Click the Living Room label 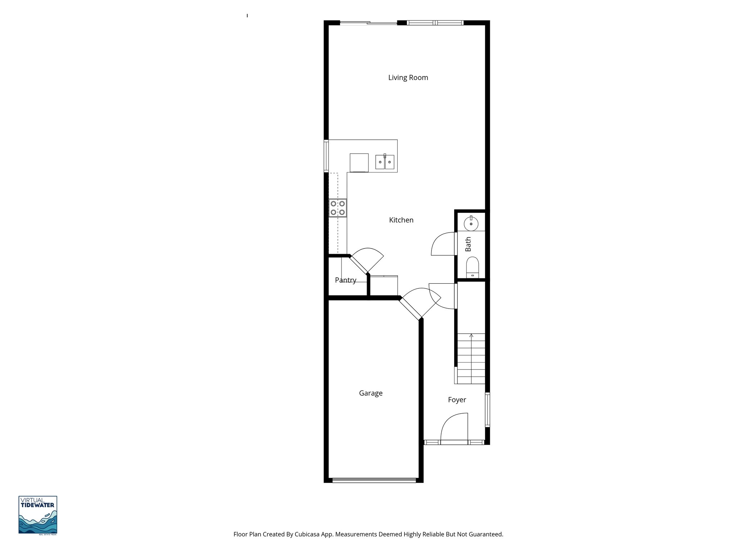pyautogui.click(x=408, y=78)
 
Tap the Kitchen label pyautogui.click(x=401, y=220)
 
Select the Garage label pyautogui.click(x=371, y=393)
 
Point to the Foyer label pyautogui.click(x=457, y=400)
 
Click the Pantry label pyautogui.click(x=345, y=280)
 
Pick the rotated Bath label pyautogui.click(x=468, y=244)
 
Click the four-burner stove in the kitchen pyautogui.click(x=338, y=208)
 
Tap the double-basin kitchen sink pyautogui.click(x=385, y=162)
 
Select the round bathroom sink pyautogui.click(x=471, y=224)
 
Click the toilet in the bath pyautogui.click(x=473, y=267)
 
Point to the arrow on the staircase pyautogui.click(x=471, y=336)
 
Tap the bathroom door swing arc pyautogui.click(x=443, y=244)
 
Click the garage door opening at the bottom pyautogui.click(x=374, y=480)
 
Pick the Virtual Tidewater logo pyautogui.click(x=38, y=515)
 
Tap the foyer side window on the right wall pyautogui.click(x=487, y=410)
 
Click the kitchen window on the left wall pyautogui.click(x=326, y=156)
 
